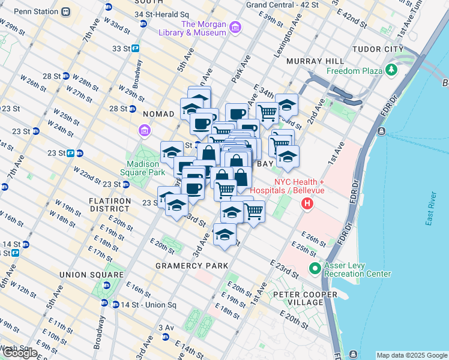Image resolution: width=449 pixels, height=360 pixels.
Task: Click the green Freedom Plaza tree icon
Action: [x=392, y=70]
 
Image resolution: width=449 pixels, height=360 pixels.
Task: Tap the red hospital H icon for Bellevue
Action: [x=307, y=205]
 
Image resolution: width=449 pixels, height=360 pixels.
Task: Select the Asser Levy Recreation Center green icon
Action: [x=315, y=268]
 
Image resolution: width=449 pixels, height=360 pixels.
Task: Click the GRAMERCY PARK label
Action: [x=191, y=265]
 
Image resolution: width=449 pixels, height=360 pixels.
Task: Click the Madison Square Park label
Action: [x=145, y=168]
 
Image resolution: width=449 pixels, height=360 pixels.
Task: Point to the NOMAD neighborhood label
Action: [x=158, y=113]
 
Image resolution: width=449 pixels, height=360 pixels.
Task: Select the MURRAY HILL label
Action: [x=315, y=61]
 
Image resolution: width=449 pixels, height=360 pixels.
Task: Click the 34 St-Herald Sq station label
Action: [x=161, y=14]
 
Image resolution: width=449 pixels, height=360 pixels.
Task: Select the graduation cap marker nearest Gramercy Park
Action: [x=224, y=235]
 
